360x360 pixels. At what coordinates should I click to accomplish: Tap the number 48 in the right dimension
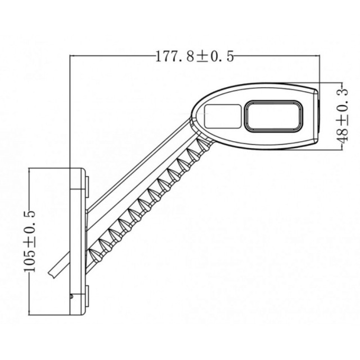(341, 133)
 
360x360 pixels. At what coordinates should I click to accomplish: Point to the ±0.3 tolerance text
(341, 103)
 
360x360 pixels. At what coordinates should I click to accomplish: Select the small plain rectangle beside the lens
(223, 115)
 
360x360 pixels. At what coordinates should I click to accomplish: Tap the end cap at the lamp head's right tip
(316, 115)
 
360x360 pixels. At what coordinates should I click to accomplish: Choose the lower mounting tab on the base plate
(87, 294)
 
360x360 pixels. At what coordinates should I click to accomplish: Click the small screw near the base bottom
(71, 295)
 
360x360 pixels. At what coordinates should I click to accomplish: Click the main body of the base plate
(76, 236)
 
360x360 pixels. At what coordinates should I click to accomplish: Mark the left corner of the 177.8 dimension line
(69, 56)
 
